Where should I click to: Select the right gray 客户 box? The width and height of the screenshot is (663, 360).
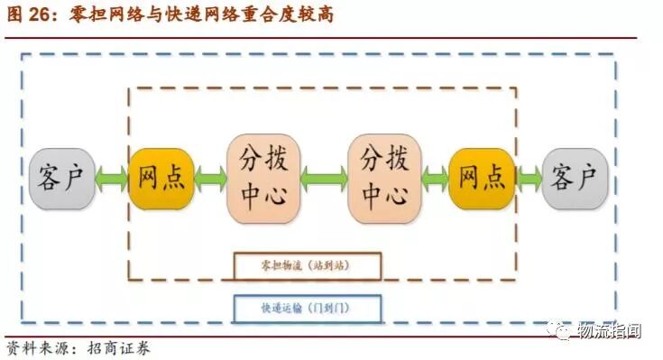pyautogui.click(x=574, y=179)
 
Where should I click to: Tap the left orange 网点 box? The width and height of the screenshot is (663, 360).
pyautogui.click(x=161, y=179)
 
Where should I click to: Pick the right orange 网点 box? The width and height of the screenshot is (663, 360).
pyautogui.click(x=482, y=179)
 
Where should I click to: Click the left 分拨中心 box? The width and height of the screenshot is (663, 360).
pyautogui.click(x=263, y=178)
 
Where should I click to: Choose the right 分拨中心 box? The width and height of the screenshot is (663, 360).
pyautogui.click(x=384, y=178)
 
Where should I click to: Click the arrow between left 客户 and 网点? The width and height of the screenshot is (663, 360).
pyautogui.click(x=111, y=179)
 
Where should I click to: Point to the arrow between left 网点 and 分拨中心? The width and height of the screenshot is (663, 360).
pyautogui.click(x=210, y=179)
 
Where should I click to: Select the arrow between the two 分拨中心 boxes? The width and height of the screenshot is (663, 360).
pyautogui.click(x=324, y=179)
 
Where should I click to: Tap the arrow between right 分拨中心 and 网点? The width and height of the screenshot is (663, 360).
pyautogui.click(x=434, y=179)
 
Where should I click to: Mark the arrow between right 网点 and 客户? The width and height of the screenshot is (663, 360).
pyautogui.click(x=529, y=179)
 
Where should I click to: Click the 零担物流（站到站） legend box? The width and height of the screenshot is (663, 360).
pyautogui.click(x=307, y=266)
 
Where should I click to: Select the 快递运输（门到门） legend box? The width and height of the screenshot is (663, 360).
pyautogui.click(x=307, y=309)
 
